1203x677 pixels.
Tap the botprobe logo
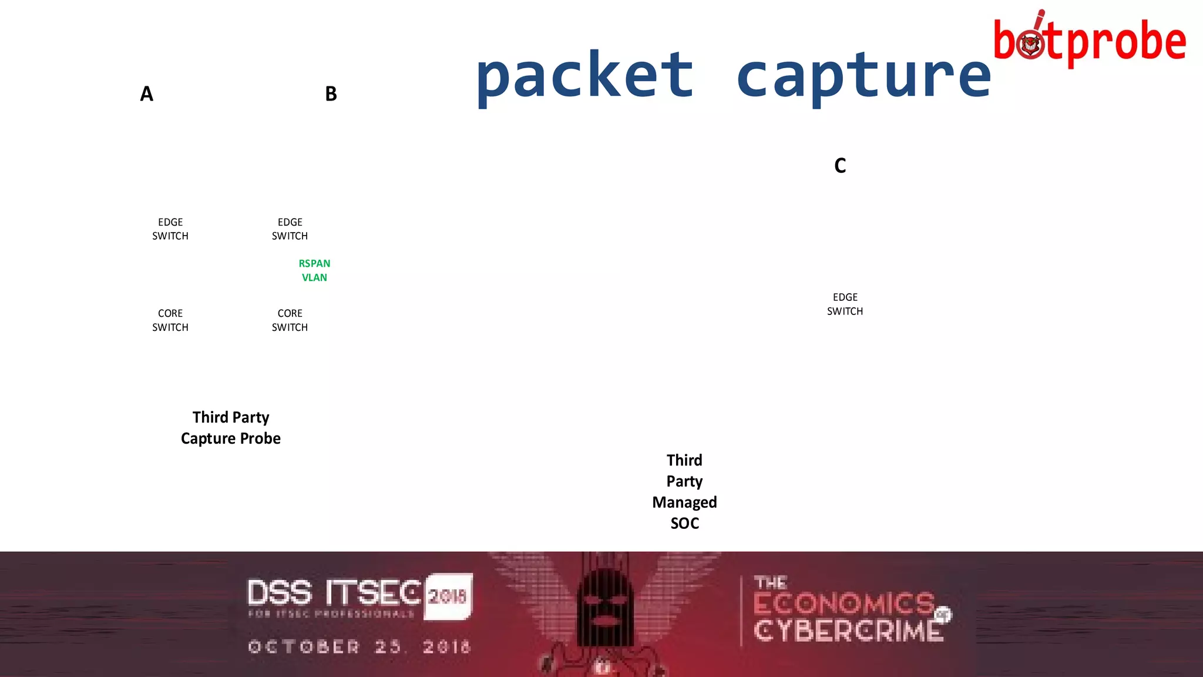pos(1090,41)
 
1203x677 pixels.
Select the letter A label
pos(146,94)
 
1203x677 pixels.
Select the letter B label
pos(331,94)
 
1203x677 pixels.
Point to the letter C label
pos(840,166)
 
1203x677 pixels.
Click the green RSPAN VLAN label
pos(314,270)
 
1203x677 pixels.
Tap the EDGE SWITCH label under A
pos(170,229)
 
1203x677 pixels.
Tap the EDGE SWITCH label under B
pos(290,229)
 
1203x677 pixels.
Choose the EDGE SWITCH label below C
pos(845,304)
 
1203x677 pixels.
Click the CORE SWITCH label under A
pos(170,320)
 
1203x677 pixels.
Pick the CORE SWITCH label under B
pos(290,320)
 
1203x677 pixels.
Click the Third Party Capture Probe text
pos(231,428)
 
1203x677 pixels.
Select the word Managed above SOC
pos(684,502)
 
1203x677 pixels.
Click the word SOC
pos(684,524)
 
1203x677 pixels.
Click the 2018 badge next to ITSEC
pos(448,596)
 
